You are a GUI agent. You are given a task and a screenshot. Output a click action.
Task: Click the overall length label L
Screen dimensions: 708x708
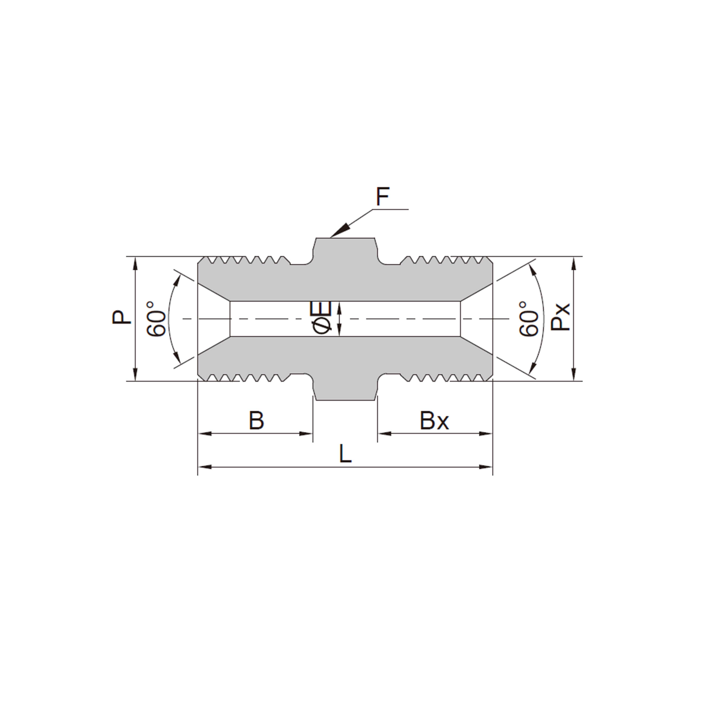coord(345,454)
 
